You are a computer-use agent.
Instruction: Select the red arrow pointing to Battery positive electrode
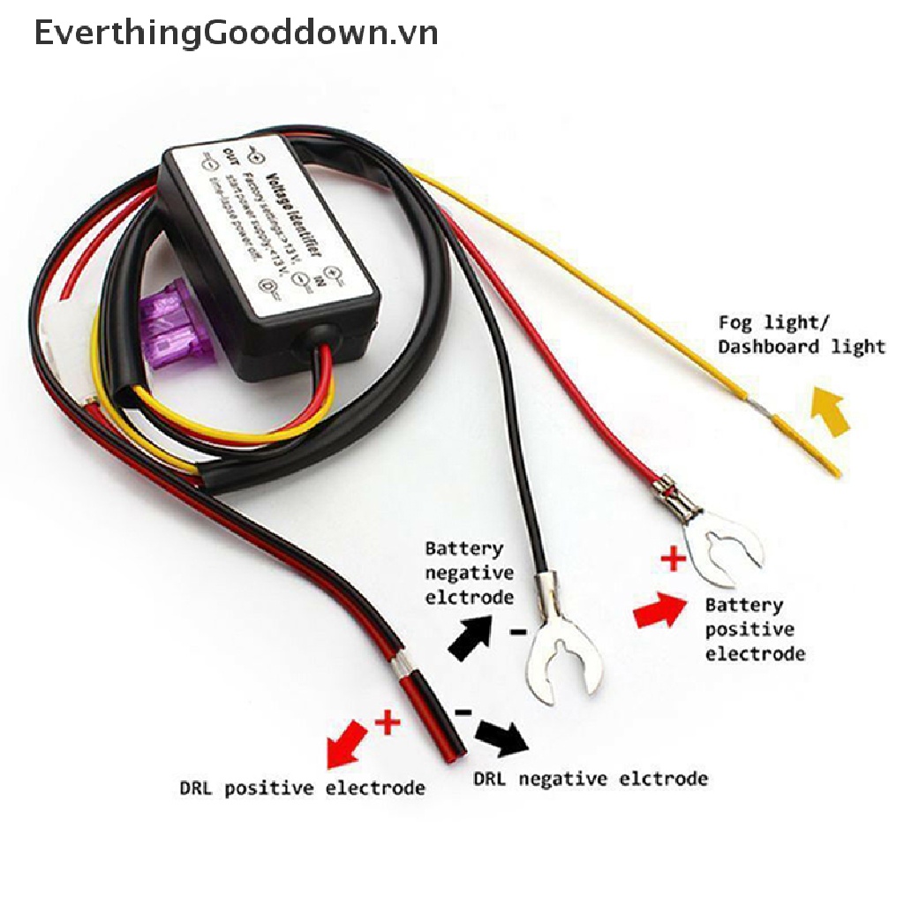point(659,610)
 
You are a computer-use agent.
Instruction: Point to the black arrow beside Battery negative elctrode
point(469,635)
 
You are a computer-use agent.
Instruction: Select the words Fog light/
point(773,322)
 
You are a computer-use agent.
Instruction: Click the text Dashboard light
point(801,346)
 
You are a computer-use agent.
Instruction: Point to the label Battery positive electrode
point(754,629)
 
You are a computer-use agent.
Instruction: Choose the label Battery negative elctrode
point(469,572)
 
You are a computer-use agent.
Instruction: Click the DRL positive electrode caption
point(302,787)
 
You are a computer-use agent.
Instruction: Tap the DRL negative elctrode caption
point(590,779)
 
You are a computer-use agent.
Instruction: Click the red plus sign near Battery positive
point(674,558)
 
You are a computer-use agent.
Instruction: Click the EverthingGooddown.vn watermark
point(237,33)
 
